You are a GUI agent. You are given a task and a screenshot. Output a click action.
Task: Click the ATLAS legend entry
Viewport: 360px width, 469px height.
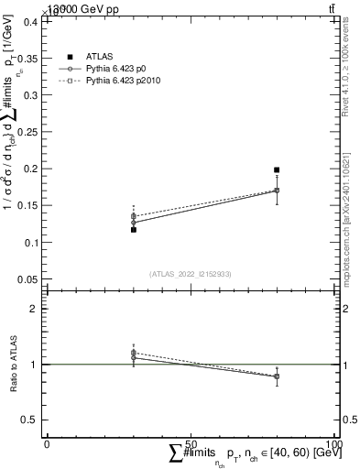[98, 57]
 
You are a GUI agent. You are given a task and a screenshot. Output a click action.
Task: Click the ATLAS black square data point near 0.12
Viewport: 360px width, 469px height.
[133, 230]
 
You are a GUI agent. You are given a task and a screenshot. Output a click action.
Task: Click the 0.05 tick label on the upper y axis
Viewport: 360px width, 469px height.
[27, 278]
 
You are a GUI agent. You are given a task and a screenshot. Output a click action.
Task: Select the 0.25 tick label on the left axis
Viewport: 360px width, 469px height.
[27, 132]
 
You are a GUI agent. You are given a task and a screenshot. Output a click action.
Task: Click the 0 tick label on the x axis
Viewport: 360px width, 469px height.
[47, 443]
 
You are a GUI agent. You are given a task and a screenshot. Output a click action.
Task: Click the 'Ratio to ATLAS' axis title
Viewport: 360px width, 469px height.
[13, 364]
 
